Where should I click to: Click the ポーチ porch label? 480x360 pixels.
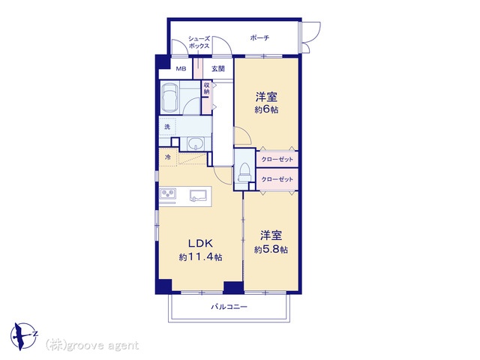click(x=259, y=38)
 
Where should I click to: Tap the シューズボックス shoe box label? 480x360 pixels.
click(x=199, y=42)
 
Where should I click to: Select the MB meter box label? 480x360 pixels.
click(x=181, y=69)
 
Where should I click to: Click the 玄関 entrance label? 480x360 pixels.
click(x=218, y=68)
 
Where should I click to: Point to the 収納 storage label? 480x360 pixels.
click(x=207, y=88)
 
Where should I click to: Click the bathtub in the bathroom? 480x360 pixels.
click(x=170, y=97)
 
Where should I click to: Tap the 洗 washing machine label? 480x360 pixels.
click(x=167, y=127)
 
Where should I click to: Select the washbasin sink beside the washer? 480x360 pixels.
click(x=196, y=143)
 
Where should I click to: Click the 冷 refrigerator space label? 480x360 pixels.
click(x=168, y=157)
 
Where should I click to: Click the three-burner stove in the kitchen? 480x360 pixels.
click(x=168, y=194)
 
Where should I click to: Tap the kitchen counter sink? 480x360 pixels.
click(x=198, y=196)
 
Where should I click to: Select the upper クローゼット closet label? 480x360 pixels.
click(x=277, y=159)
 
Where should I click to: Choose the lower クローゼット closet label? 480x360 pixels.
click(x=277, y=179)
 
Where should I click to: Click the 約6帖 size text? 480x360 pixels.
click(x=266, y=109)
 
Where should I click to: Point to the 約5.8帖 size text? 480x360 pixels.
click(x=271, y=250)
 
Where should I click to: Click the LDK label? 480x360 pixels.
click(x=200, y=244)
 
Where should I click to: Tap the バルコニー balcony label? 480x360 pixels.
click(x=229, y=307)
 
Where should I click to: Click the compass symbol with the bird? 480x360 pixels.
click(x=23, y=336)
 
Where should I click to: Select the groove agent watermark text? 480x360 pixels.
click(x=92, y=346)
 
